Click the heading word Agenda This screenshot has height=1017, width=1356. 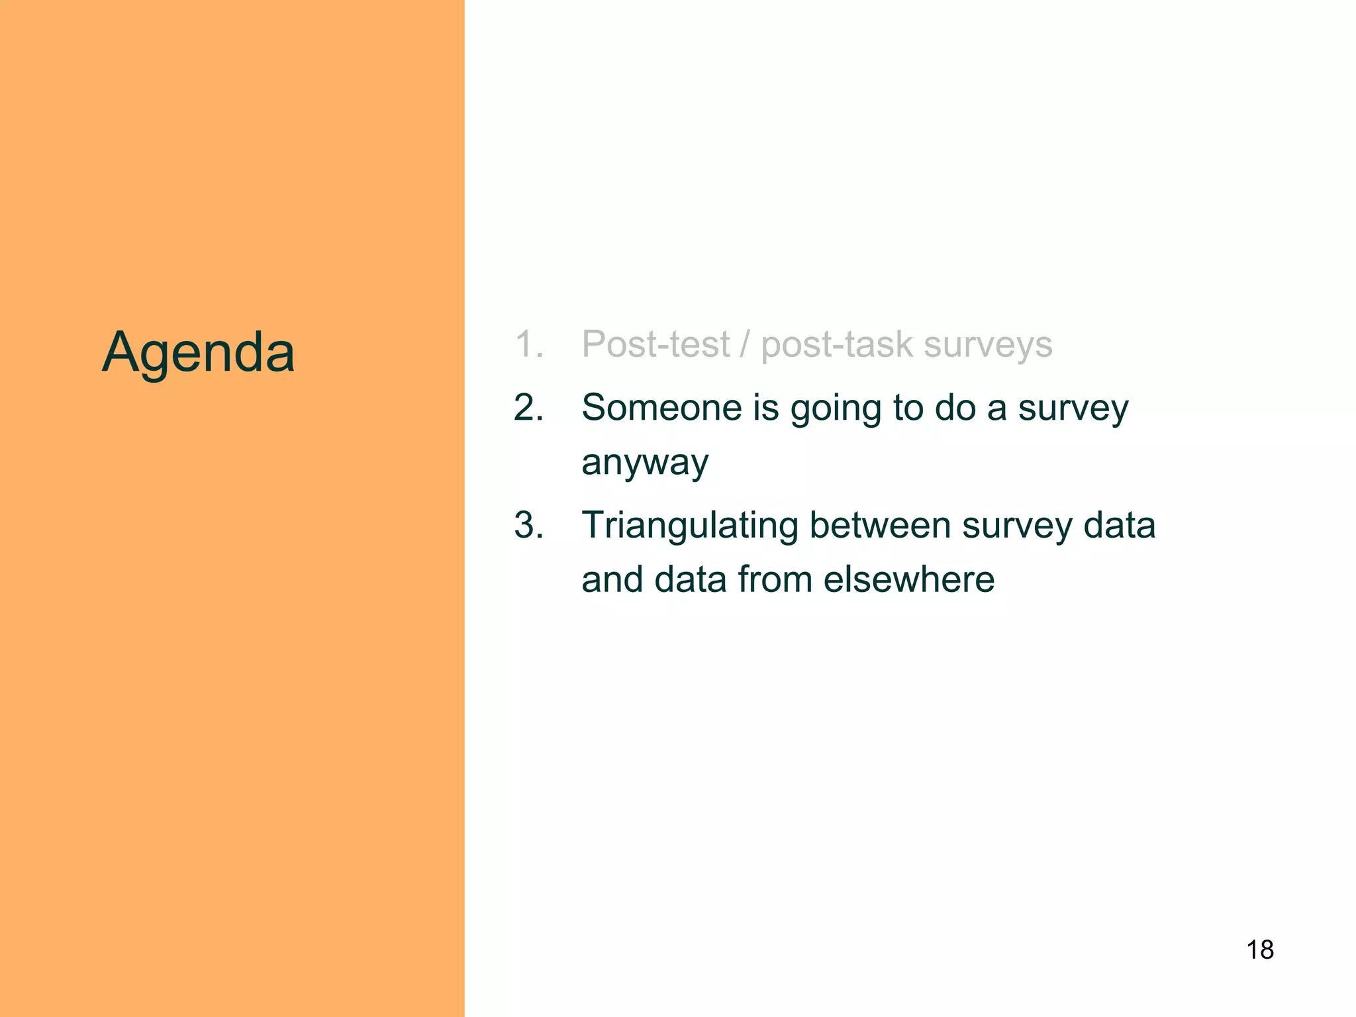[x=198, y=353]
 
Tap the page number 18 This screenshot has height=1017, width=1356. [x=1260, y=950]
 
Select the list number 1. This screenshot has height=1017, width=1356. [x=528, y=344]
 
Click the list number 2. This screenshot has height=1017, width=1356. [x=528, y=407]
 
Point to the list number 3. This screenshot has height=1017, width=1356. [x=528, y=525]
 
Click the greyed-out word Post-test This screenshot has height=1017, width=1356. [x=655, y=344]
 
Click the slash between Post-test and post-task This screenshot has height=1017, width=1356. [x=746, y=344]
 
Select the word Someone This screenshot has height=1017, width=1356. [x=661, y=407]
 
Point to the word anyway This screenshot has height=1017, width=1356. [x=645, y=463]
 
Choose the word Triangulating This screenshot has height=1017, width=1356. [x=690, y=526]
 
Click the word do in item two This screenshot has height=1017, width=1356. [x=955, y=407]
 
